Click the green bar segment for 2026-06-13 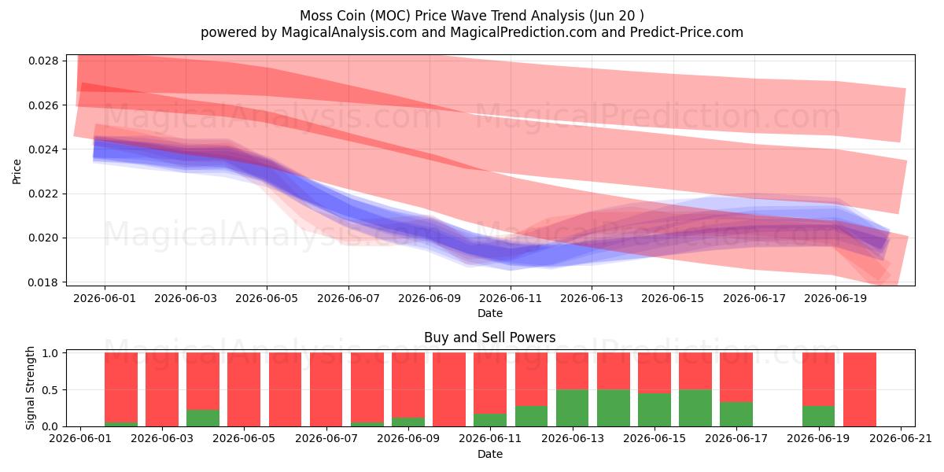(x=573, y=408)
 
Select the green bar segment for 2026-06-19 (x=818, y=416)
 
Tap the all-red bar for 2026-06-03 (x=162, y=389)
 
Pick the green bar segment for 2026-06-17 (x=736, y=415)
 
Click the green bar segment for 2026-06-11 (x=490, y=420)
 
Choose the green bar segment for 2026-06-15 (x=655, y=410)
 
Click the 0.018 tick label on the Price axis (x=43, y=282)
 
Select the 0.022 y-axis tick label (x=43, y=194)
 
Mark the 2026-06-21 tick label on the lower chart (x=901, y=439)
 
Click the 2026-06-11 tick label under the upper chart (x=511, y=298)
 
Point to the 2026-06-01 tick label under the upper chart (x=105, y=298)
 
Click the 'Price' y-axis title (x=17, y=171)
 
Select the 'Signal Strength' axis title (x=30, y=388)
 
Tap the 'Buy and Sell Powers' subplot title (x=489, y=337)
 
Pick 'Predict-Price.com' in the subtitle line (x=687, y=32)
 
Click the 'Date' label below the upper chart (x=489, y=314)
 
